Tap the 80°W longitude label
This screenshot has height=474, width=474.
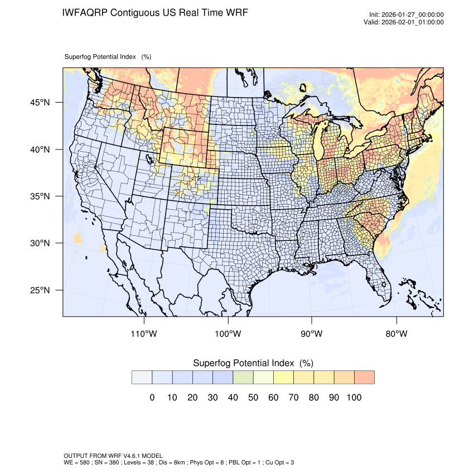(396, 334)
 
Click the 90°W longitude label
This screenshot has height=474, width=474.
(312, 334)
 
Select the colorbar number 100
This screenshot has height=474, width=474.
(354, 398)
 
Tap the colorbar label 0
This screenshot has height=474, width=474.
(152, 398)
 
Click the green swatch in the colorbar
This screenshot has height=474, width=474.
(243, 377)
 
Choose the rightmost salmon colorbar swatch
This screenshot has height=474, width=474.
(364, 377)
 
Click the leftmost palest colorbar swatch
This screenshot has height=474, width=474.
(142, 377)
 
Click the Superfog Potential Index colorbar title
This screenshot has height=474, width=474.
(252, 363)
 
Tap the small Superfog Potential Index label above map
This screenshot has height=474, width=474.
(108, 57)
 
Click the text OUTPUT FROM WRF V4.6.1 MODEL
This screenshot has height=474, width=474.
(113, 456)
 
